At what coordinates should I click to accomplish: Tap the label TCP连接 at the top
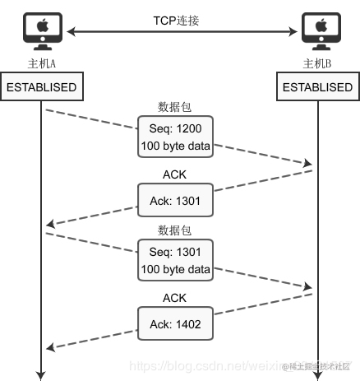coord(180,19)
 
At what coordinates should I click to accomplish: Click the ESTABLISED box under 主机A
coord(41,87)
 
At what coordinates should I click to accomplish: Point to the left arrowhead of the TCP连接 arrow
coord(70,33)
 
